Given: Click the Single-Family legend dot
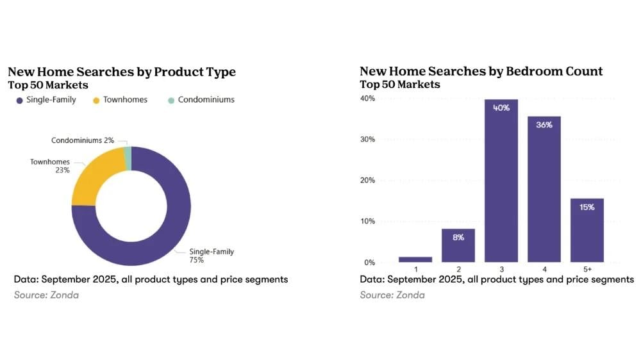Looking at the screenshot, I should (x=20, y=100).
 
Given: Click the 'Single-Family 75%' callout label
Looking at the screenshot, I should (x=211, y=256).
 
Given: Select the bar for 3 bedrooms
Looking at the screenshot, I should (x=501, y=186).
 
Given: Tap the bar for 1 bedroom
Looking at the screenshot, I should (x=415, y=259).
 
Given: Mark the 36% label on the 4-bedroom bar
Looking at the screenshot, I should (x=544, y=126).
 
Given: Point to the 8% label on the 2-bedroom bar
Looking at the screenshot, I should (x=458, y=237).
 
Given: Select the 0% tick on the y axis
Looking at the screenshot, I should (x=369, y=263).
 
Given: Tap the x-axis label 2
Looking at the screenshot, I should (x=458, y=270).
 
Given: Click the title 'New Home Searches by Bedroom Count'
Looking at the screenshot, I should (x=481, y=71).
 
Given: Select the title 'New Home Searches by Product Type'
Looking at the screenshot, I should (x=122, y=72).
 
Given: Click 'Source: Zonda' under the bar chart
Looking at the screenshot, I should (x=392, y=295).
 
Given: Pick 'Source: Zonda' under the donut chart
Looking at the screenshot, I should (x=46, y=295).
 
